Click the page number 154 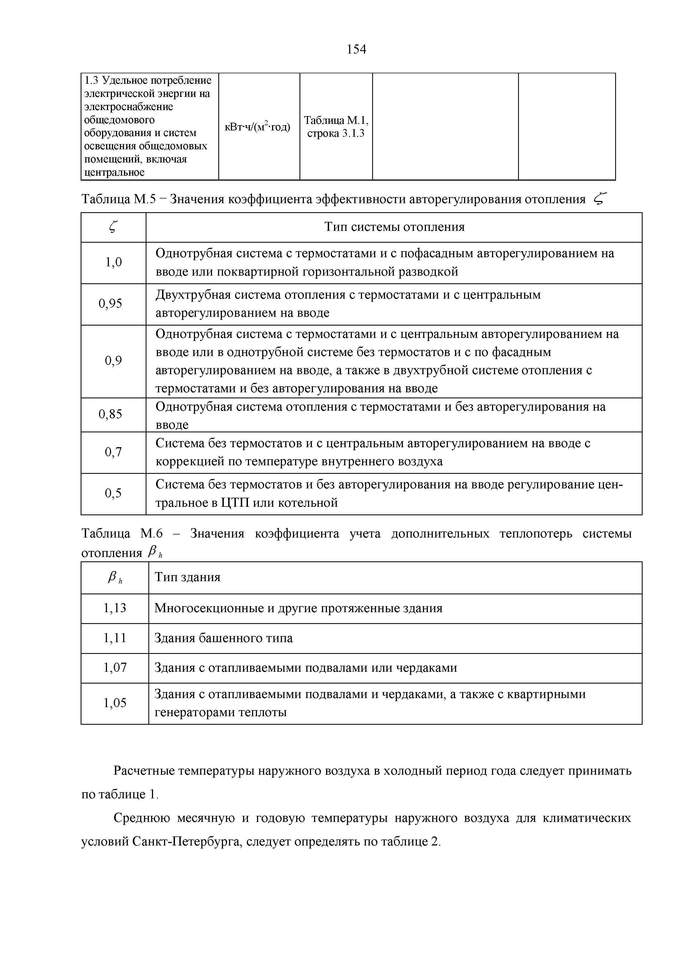tap(357, 49)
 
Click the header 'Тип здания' tap(187, 577)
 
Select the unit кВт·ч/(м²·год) tap(258, 127)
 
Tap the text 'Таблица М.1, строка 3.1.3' tap(336, 127)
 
